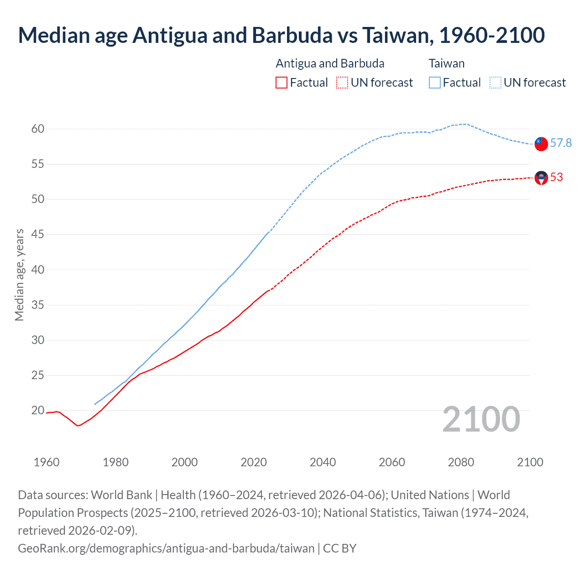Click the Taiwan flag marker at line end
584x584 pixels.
[541, 144]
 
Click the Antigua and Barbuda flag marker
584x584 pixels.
[541, 178]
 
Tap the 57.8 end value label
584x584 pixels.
[561, 143]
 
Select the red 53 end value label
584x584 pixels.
[557, 177]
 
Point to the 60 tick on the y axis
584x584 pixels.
[38, 129]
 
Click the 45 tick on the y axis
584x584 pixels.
[38, 235]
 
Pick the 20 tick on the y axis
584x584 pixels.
[38, 411]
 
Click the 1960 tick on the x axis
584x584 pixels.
[47, 462]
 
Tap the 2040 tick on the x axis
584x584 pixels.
[323, 462]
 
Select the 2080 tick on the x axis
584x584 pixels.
[461, 462]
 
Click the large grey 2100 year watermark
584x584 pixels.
[481, 419]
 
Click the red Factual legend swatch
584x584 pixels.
[282, 83]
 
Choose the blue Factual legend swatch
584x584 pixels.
[435, 83]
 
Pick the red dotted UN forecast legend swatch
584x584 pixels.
[342, 83]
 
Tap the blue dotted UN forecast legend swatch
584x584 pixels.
[495, 83]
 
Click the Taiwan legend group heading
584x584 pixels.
[446, 63]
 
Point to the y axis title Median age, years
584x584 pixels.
[19, 275]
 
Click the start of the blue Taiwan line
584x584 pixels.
[95, 404]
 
